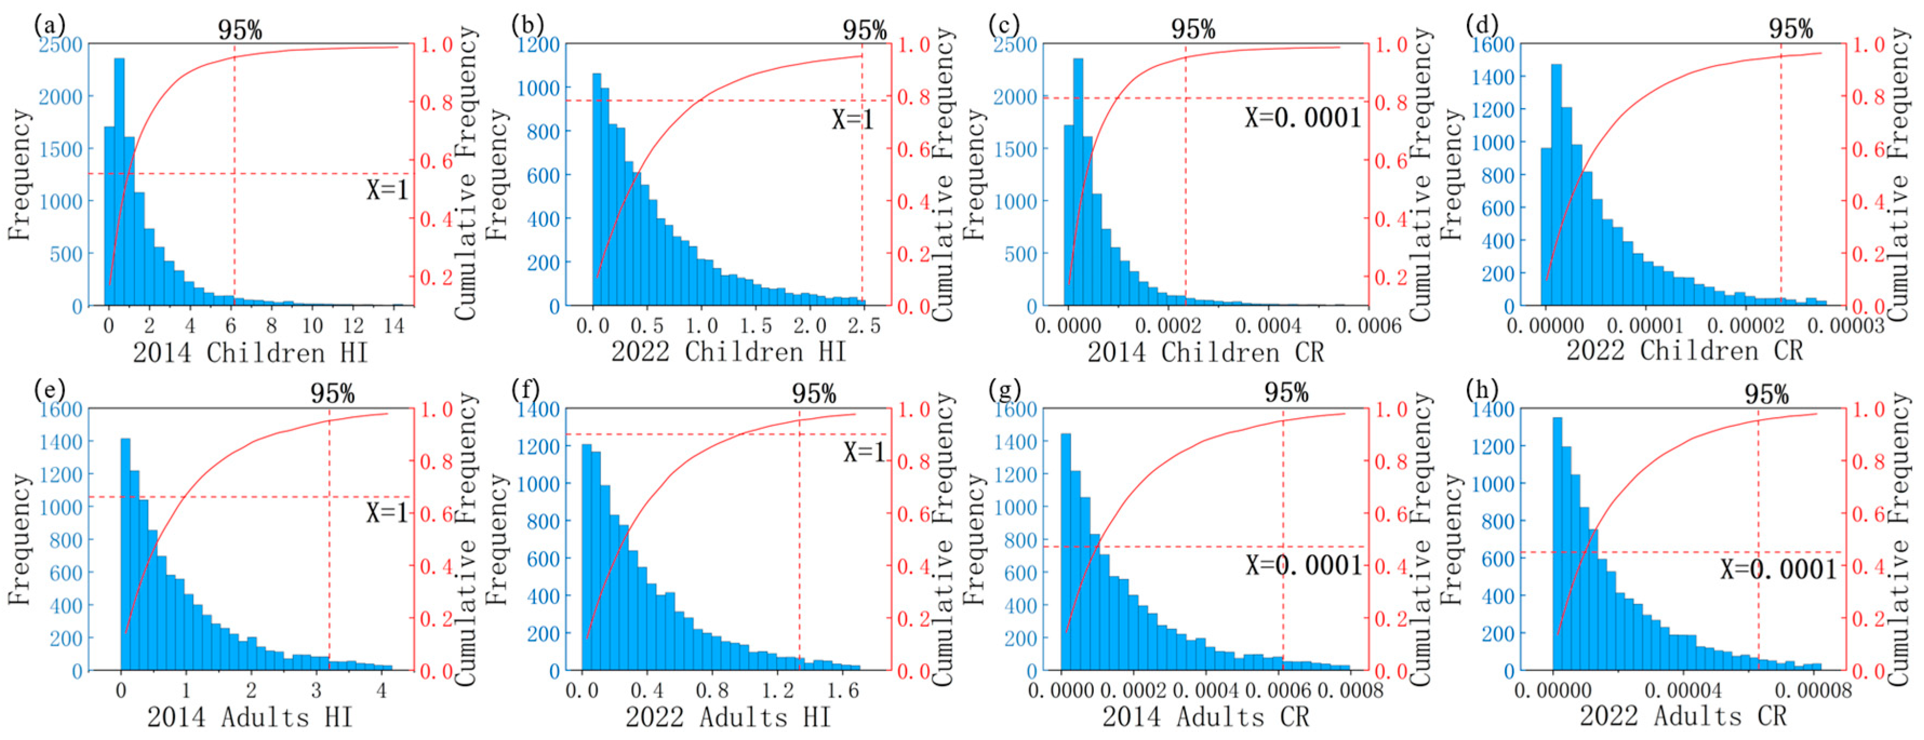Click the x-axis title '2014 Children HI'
[250, 353]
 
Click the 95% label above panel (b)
[864, 31]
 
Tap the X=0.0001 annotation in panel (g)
[1304, 566]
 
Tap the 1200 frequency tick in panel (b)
[538, 44]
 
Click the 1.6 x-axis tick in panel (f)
[843, 691]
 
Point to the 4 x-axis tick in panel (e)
[381, 691]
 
